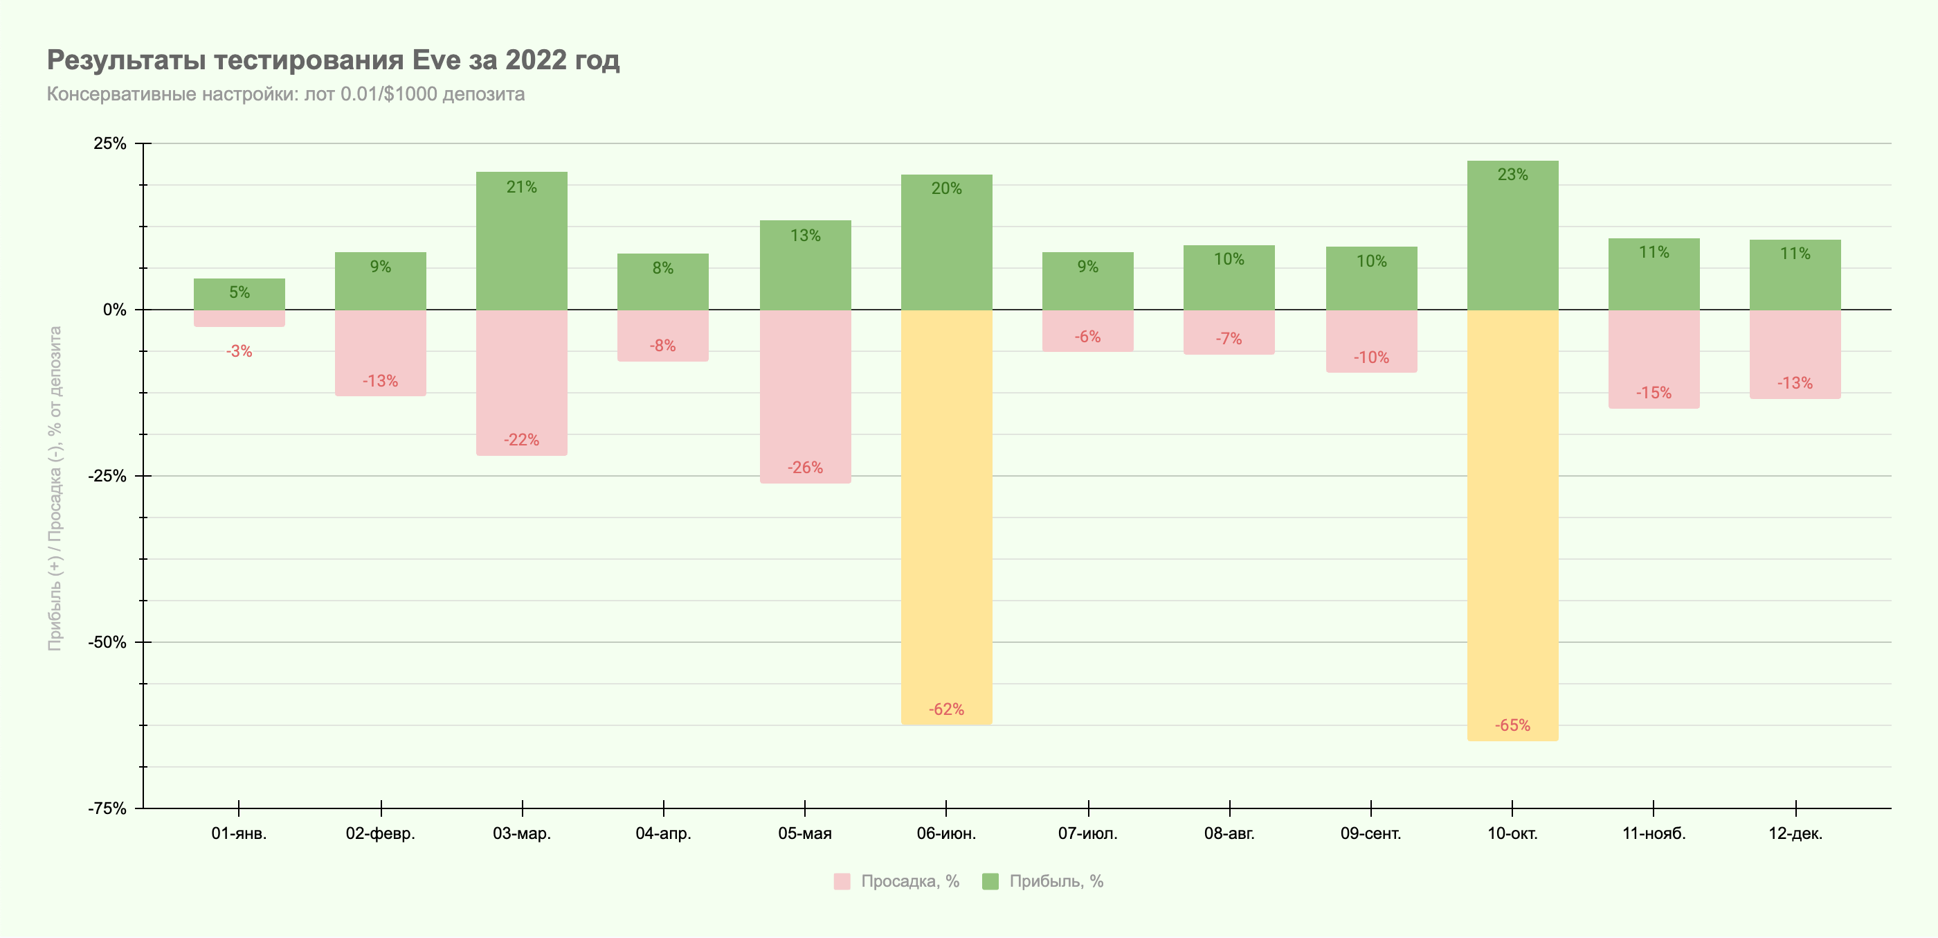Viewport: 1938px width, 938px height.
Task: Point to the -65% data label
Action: [1512, 725]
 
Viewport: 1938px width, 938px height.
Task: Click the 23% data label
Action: [1512, 175]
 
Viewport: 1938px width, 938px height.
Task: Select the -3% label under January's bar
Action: [239, 351]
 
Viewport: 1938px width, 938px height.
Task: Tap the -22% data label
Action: [521, 440]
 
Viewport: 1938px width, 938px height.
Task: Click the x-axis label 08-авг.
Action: [1229, 833]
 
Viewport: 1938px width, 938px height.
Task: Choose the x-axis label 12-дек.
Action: [1795, 833]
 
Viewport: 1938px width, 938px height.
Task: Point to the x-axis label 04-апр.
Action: [663, 833]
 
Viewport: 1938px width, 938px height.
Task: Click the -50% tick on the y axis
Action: [107, 642]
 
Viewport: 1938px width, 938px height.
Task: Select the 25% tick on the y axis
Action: [110, 144]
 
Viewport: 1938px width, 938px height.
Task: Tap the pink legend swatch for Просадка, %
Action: [842, 881]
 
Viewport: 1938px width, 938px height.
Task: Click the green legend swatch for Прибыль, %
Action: [990, 881]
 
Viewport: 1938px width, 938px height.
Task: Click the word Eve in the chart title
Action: [435, 60]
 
